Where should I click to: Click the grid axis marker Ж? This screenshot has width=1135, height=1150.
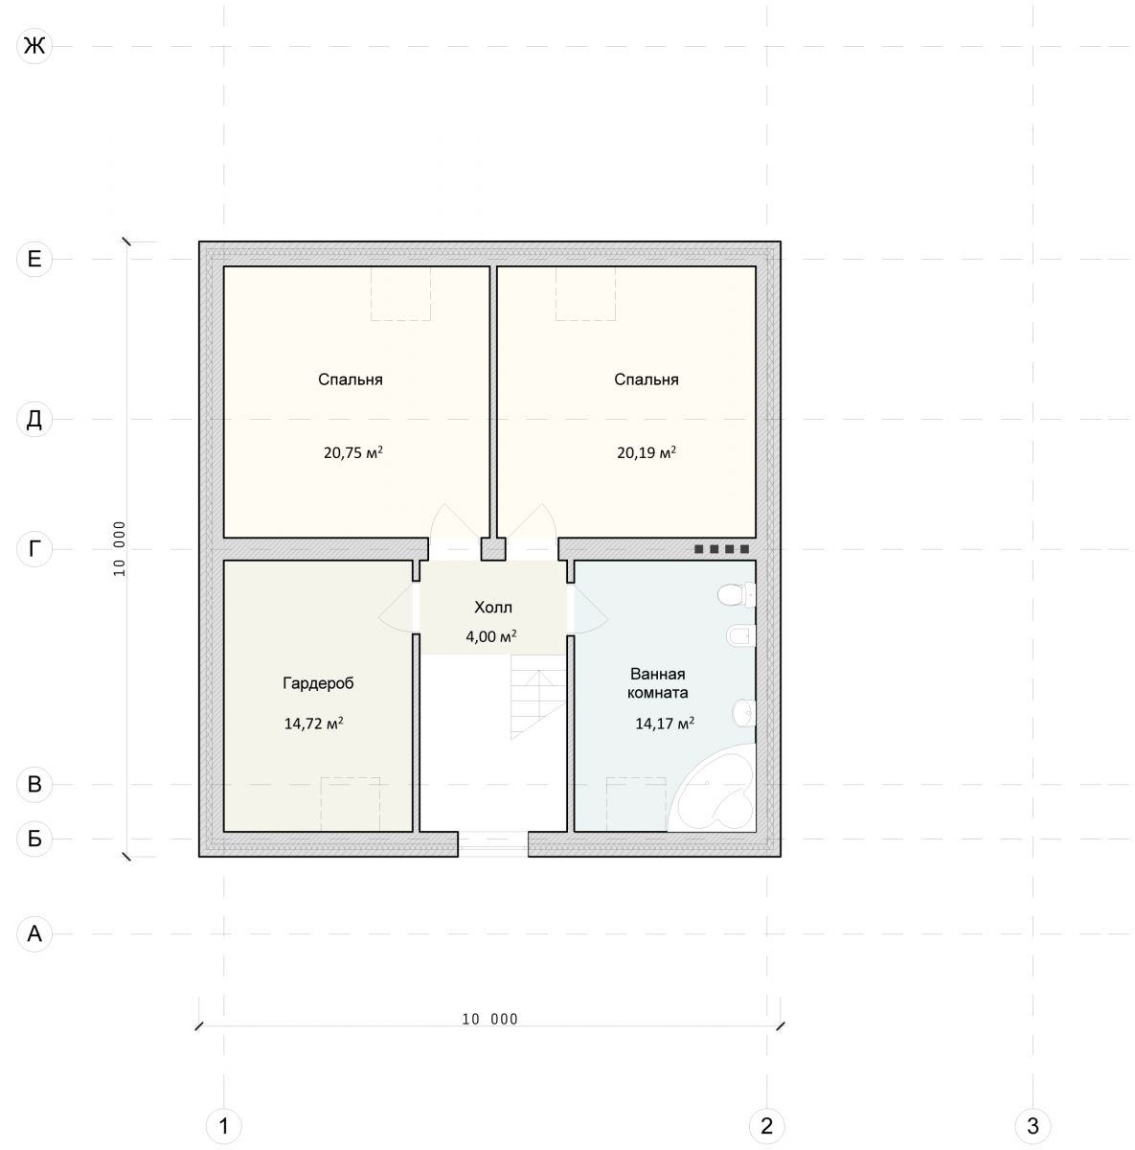click(x=34, y=45)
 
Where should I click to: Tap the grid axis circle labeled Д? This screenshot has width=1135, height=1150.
click(x=34, y=420)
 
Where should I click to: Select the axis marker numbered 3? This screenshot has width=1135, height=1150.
click(x=1033, y=1126)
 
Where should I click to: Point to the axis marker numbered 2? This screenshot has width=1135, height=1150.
click(x=767, y=1126)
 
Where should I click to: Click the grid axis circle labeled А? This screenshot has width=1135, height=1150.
click(x=34, y=933)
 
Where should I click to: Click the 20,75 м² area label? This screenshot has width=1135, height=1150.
click(x=353, y=452)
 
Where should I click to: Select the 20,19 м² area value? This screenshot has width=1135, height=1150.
click(x=647, y=452)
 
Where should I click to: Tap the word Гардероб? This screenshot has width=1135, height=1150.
click(x=318, y=682)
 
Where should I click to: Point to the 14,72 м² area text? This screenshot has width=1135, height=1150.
click(x=313, y=724)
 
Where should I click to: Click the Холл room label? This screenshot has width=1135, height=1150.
click(x=493, y=608)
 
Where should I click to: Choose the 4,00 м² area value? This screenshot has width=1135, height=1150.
click(x=491, y=636)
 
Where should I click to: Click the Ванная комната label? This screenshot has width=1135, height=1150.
click(x=658, y=683)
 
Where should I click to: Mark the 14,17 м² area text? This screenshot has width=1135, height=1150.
click(x=664, y=724)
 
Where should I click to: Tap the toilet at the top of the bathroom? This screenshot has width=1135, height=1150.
click(x=737, y=594)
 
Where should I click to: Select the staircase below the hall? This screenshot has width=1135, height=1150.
click(x=538, y=697)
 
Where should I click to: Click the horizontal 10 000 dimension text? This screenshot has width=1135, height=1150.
click(x=490, y=1019)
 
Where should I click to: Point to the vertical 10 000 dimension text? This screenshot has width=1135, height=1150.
click(x=120, y=549)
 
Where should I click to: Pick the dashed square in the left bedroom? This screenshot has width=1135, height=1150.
click(x=400, y=293)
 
